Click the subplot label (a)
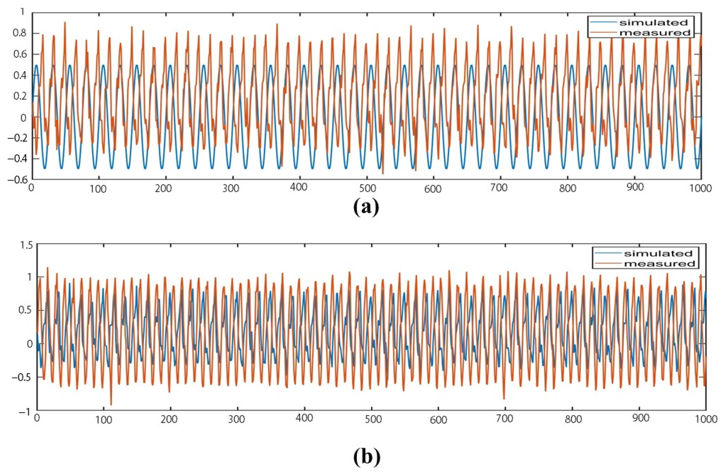coord(366,208)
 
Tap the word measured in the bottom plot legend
coord(658,263)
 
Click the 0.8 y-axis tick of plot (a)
coord(19,33)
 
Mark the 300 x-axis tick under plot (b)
coord(237,419)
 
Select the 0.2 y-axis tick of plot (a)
coord(19,96)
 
